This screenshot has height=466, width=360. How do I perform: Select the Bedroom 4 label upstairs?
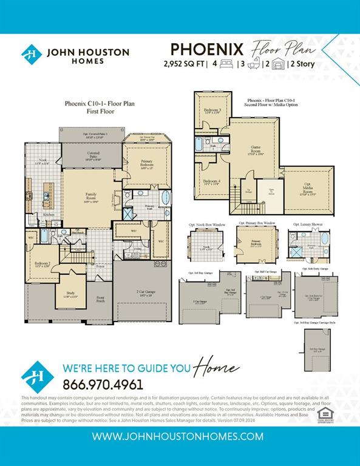click(211, 181)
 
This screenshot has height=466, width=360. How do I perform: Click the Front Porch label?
click(101, 299)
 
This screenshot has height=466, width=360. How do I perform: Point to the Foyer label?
click(101, 266)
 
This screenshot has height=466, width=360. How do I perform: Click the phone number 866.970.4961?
click(103, 384)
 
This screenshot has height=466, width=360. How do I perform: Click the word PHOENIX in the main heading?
click(207, 49)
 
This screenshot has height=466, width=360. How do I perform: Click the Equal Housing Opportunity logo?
click(325, 414)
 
